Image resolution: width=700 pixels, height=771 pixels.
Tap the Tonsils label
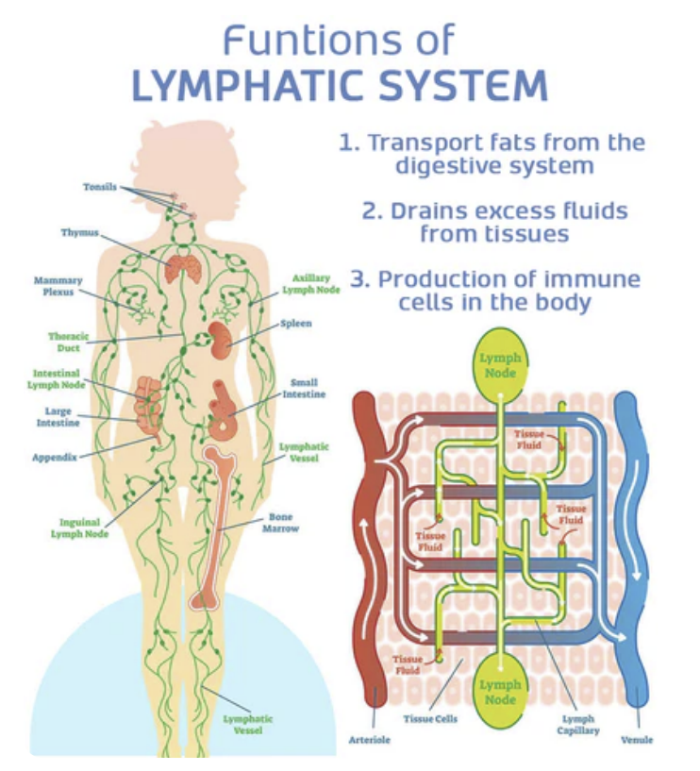[x=99, y=187]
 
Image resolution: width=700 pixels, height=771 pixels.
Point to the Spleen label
[x=295, y=323]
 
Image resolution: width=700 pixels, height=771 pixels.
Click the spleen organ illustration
[x=220, y=339]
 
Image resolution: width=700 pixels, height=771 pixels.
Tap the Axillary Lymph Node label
[x=310, y=284]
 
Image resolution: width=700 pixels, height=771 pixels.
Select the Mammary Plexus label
[x=58, y=286]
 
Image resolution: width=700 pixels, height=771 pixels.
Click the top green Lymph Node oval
[x=499, y=364]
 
